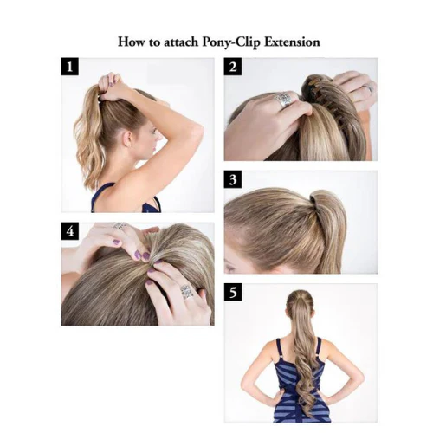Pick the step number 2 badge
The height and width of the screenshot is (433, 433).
point(233,67)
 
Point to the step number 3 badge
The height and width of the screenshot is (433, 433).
point(233,179)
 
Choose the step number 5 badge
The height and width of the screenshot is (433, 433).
point(233,292)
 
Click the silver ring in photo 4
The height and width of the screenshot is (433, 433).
point(185,292)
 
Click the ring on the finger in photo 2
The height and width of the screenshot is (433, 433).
point(283,100)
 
